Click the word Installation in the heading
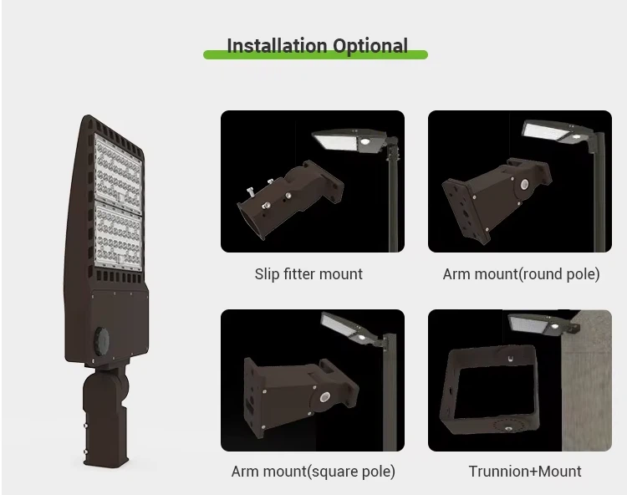(x=277, y=46)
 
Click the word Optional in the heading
(x=370, y=46)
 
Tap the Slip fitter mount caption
(x=308, y=274)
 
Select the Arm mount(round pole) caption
(x=521, y=274)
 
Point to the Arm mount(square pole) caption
(x=313, y=472)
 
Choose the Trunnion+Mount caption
(x=525, y=472)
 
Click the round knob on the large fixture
(x=101, y=340)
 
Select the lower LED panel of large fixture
(x=119, y=237)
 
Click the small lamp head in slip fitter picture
(x=351, y=140)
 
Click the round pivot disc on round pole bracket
(x=524, y=185)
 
